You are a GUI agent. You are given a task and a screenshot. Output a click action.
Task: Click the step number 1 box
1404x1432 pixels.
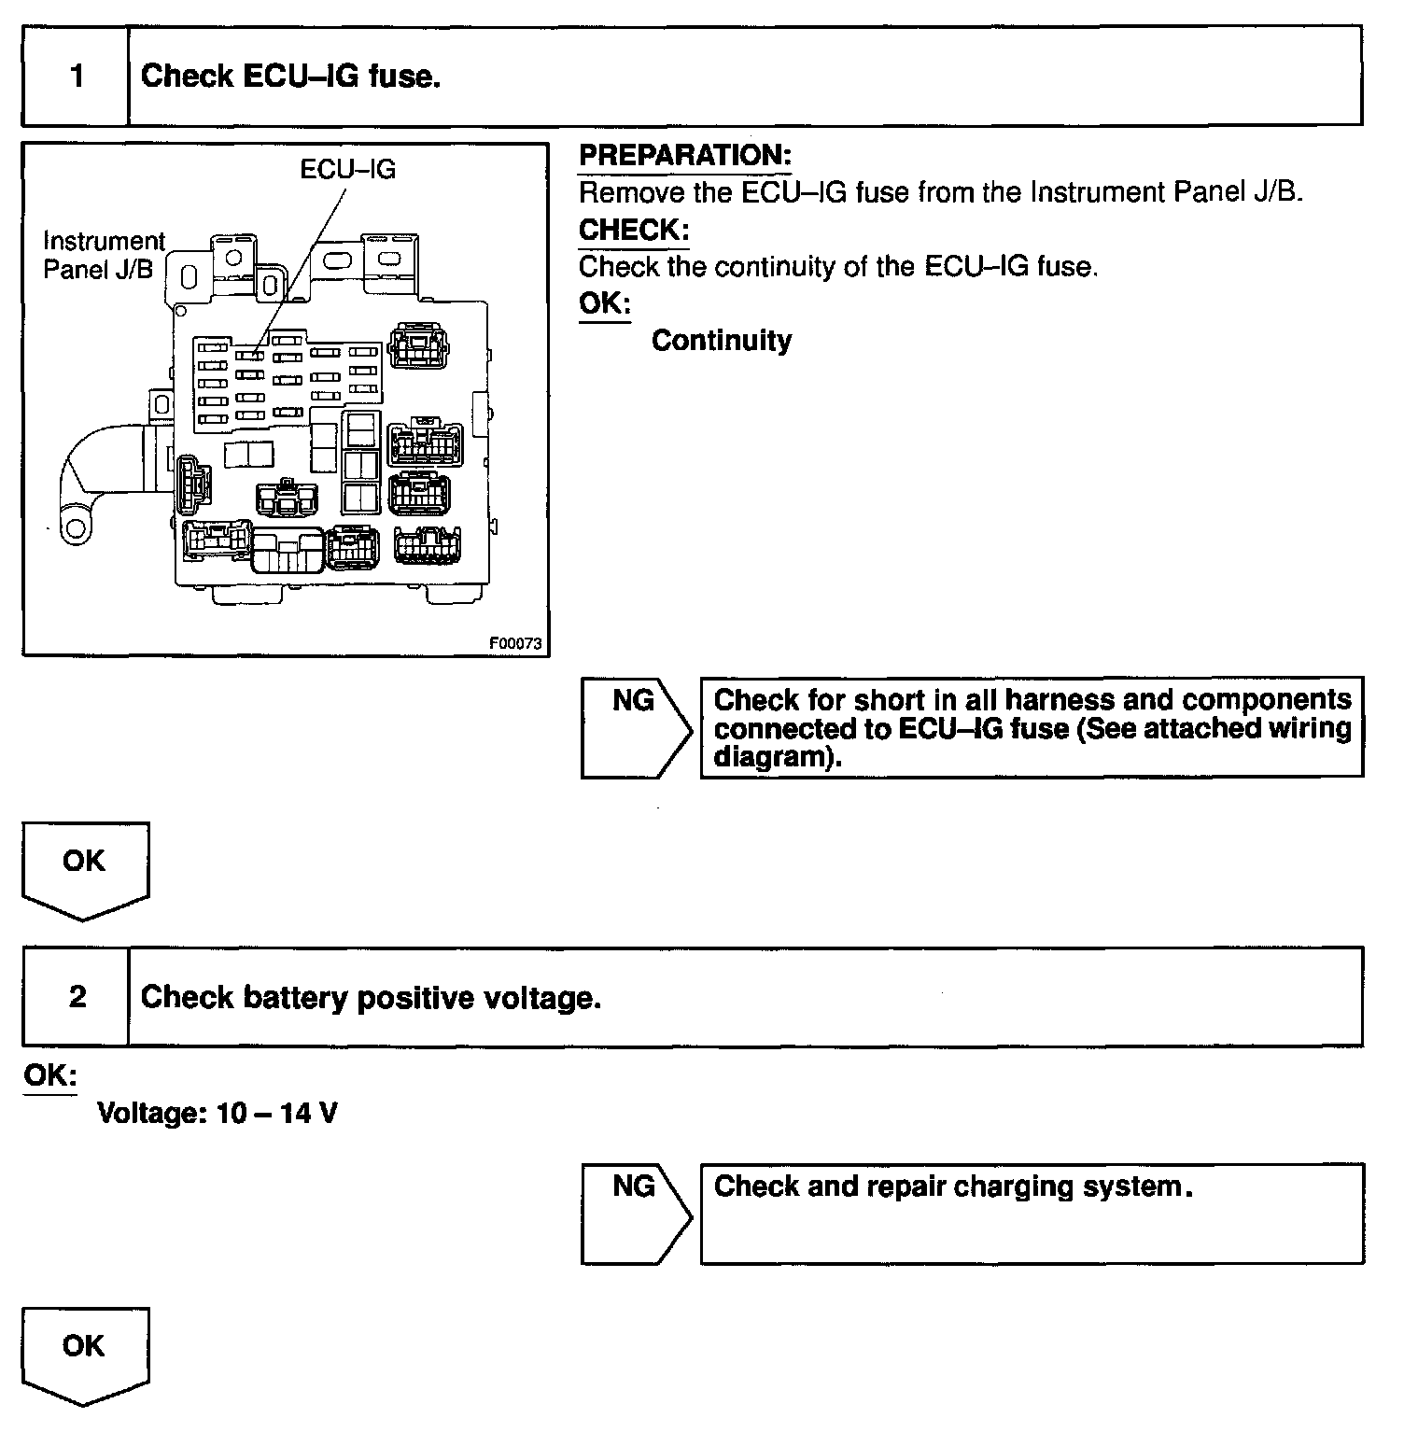coord(76,76)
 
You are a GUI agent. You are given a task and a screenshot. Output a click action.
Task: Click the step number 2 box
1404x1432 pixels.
coord(76,997)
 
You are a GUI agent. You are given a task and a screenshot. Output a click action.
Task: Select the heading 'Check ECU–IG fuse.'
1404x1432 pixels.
coord(290,77)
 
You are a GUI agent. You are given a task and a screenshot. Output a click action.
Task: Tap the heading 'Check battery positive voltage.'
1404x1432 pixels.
coord(371,998)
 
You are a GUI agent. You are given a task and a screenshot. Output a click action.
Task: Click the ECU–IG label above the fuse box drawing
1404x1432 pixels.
coord(347,169)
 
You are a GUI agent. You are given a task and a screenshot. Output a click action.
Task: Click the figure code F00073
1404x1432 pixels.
coord(515,643)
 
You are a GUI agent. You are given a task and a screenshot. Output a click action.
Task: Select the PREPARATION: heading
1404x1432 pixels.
coord(684,156)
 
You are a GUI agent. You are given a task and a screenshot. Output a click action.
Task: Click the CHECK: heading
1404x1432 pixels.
coord(634,230)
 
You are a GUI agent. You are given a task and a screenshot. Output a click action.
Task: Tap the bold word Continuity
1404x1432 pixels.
coord(721,341)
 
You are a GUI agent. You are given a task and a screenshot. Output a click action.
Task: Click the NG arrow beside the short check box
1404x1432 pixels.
coord(635,727)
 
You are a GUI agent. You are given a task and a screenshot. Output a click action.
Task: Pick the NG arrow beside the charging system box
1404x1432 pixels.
coord(635,1213)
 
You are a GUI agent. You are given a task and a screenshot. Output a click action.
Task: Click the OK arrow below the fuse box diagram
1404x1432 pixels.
coord(84,869)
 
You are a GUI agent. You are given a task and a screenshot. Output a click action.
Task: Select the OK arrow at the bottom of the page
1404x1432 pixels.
coord(84,1354)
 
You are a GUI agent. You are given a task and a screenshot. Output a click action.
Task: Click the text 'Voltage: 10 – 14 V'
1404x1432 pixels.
coord(217,1113)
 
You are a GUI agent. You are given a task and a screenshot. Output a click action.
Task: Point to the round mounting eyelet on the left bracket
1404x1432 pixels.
coord(74,530)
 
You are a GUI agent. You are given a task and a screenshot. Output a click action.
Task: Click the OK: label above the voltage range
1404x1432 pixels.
coord(49,1075)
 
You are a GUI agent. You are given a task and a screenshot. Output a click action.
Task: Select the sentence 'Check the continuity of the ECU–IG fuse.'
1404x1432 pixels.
coord(837,267)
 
